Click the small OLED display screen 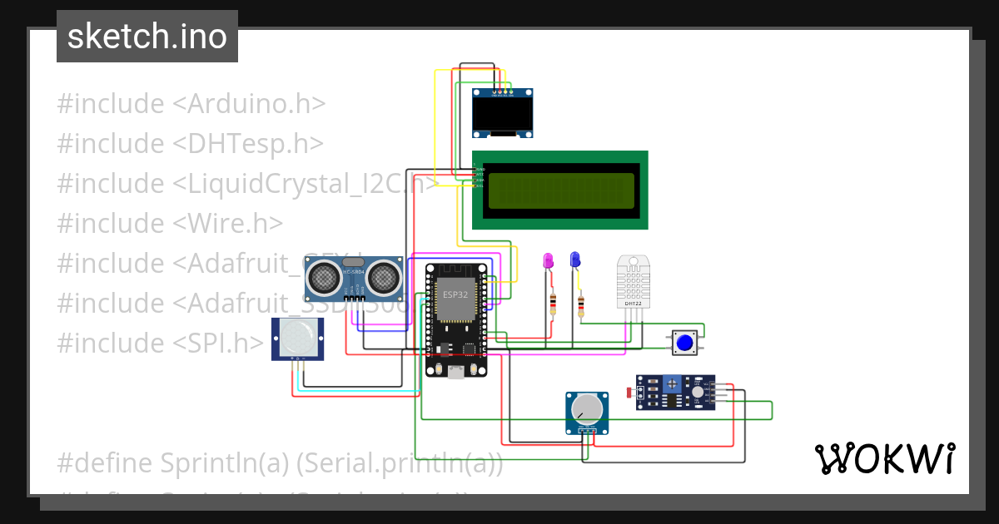point(502,114)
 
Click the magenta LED point(548,261)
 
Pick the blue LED point(575,260)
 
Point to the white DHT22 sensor point(634,280)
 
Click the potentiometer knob point(588,407)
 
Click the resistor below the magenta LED point(552,303)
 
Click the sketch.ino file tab point(147,37)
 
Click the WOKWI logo point(884,458)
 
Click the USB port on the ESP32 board point(455,372)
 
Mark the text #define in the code point(104,462)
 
